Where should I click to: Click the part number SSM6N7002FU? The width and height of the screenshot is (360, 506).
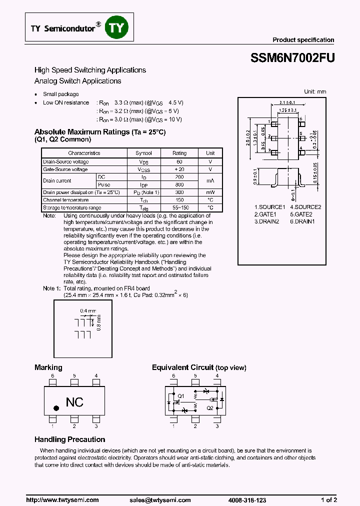pos(292,57)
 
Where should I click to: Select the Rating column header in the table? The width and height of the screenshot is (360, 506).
pos(179,153)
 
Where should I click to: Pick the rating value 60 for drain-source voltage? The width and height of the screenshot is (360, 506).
pos(179,162)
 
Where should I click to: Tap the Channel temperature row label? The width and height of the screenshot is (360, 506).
pos(65,200)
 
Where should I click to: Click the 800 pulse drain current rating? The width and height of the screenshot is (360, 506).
pos(179,185)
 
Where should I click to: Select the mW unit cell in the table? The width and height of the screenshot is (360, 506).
pos(210,192)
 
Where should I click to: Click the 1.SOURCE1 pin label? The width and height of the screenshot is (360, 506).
pos(269,207)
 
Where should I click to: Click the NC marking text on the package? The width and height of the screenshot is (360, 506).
pos(75,402)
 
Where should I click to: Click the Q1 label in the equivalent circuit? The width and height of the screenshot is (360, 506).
pos(181,396)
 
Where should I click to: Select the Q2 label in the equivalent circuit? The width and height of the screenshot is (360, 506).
pos(210,408)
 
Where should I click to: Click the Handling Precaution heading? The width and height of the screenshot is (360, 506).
pos(69,439)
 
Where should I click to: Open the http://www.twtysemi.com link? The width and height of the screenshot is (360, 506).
pos(62,500)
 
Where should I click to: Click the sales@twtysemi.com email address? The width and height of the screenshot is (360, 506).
pos(160,500)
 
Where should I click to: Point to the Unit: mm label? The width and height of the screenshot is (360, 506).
pos(315,91)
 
